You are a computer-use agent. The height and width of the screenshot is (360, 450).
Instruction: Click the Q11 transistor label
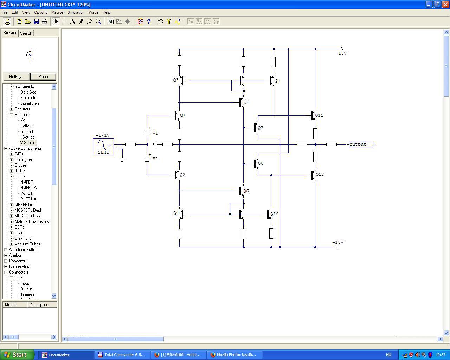(x=319, y=115)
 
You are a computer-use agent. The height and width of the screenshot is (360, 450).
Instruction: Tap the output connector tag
(x=361, y=144)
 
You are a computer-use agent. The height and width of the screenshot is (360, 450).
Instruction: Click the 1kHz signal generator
(x=103, y=146)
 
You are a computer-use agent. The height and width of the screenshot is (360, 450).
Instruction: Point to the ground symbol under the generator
(x=122, y=159)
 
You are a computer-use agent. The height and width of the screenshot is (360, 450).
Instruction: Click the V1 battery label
(x=155, y=133)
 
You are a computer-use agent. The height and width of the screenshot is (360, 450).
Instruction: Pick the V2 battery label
(x=155, y=159)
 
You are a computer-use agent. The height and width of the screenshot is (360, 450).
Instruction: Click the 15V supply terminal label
(x=342, y=53)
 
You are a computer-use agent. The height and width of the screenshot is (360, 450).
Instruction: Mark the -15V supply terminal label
(x=338, y=242)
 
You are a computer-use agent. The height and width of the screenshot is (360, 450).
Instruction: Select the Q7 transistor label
(x=260, y=128)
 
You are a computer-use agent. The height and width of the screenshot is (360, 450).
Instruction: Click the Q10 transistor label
(x=274, y=214)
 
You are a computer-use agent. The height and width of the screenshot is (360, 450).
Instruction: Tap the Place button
(x=43, y=77)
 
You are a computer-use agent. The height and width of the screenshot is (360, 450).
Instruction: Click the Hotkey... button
(x=17, y=77)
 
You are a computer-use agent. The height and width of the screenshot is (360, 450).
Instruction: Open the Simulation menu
(x=76, y=12)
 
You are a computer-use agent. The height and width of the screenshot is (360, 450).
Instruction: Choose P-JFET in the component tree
(x=26, y=193)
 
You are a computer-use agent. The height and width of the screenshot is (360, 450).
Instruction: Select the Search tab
(x=26, y=33)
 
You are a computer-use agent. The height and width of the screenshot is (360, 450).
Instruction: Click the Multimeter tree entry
(x=29, y=98)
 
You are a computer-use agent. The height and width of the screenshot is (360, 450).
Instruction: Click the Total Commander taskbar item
(x=121, y=355)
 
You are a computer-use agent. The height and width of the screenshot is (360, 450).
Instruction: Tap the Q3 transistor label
(x=176, y=80)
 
